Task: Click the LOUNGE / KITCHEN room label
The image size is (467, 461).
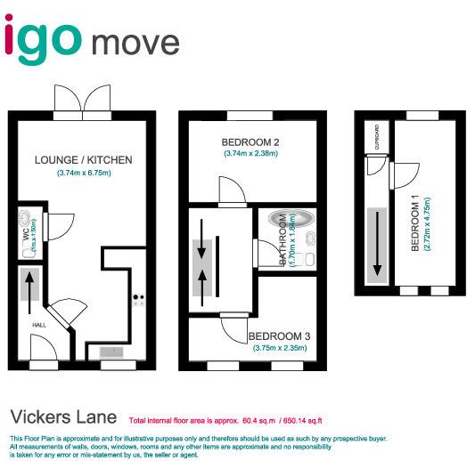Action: point(83,160)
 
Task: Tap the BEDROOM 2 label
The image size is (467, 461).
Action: point(251,142)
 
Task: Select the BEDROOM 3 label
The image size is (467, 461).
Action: point(279,336)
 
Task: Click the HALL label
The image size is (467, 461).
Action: point(39,325)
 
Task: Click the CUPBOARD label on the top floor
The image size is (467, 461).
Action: point(377,138)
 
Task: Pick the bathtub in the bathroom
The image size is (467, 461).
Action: point(288,219)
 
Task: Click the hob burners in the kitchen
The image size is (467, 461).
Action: point(138,300)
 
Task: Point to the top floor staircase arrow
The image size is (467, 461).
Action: point(376,245)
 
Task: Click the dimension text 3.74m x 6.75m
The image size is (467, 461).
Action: point(83,173)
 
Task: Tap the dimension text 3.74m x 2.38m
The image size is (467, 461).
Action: point(251,154)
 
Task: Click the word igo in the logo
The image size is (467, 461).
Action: point(45,39)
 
